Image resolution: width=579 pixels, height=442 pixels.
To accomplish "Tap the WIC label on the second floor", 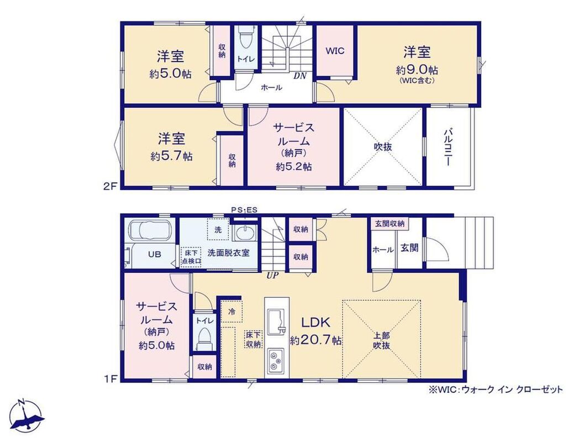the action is [x=335, y=51].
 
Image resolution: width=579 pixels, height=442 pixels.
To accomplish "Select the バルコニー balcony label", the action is [x=448, y=146].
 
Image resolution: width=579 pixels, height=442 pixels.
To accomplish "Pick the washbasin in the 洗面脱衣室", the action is [x=244, y=233].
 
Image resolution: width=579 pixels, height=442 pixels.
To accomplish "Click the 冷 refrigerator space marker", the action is [x=232, y=311].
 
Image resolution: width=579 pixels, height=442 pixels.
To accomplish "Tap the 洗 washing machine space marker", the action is [x=218, y=230].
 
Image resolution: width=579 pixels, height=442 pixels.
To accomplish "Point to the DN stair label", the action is [x=300, y=76].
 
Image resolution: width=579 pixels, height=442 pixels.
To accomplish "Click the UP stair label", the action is [x=273, y=275].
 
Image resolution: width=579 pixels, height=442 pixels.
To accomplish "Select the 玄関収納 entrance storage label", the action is [x=389, y=223].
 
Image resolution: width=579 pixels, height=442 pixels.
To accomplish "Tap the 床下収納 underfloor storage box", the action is [x=253, y=339].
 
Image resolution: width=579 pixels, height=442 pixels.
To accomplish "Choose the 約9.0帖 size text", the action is [x=417, y=70].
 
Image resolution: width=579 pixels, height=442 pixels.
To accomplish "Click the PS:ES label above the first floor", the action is [x=244, y=210].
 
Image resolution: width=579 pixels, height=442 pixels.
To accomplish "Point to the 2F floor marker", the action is [x=110, y=186].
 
